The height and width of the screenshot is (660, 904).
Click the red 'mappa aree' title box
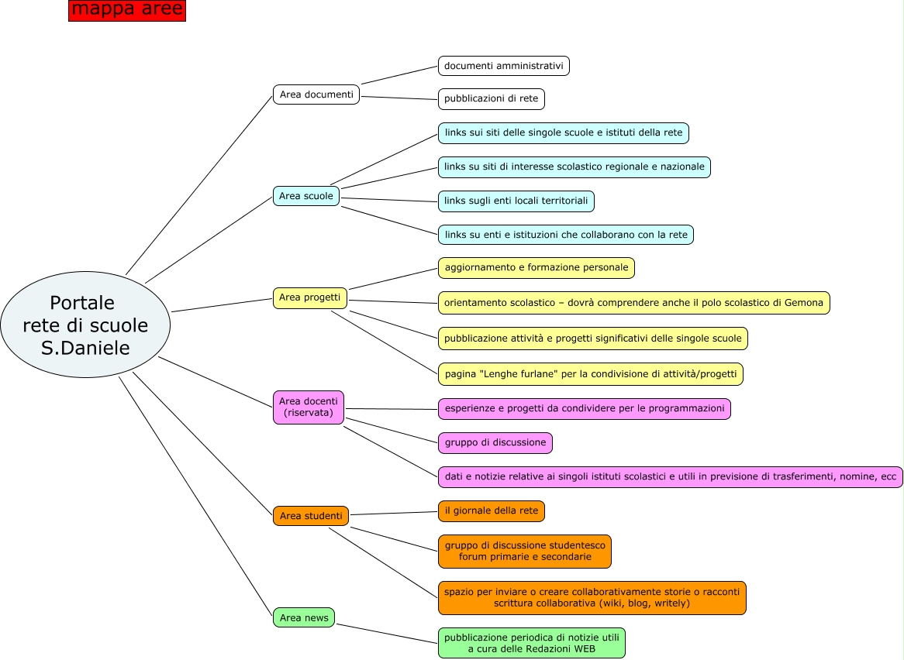pos(127,10)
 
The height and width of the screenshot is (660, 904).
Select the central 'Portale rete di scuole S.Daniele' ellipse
pos(85,325)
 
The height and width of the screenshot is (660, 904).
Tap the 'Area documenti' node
pos(316,95)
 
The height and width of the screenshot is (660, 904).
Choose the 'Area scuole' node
pos(306,196)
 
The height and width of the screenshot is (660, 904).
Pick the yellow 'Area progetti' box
pos(309,298)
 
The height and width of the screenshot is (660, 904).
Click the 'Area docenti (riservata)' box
pos(308,407)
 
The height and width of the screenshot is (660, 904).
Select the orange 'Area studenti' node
pos(310,516)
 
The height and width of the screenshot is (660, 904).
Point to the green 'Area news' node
pos(304,617)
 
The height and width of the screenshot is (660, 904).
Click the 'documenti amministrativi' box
pos(503,66)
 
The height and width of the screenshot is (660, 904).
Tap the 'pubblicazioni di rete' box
pos(491,99)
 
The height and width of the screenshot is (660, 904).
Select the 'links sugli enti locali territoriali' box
pos(516,201)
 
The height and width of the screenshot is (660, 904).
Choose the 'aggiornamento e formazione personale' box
pos(536,268)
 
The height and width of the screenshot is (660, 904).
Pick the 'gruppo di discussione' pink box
pos(495,443)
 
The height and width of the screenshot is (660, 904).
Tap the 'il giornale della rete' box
pos(491,511)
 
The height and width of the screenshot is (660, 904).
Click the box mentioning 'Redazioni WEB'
pos(531,643)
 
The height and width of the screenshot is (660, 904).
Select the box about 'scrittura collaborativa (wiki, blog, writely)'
pos(592,598)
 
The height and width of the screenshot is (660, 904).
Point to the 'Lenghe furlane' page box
pos(590,374)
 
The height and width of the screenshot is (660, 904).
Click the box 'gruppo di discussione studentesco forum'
pos(524,552)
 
